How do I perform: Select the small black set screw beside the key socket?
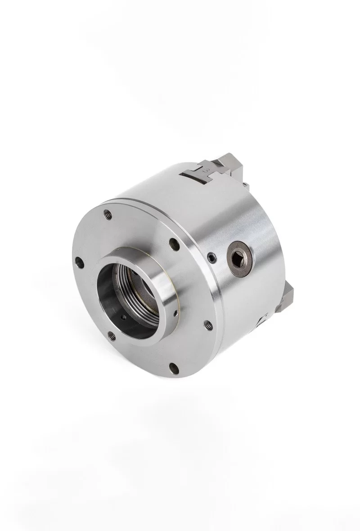212,257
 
